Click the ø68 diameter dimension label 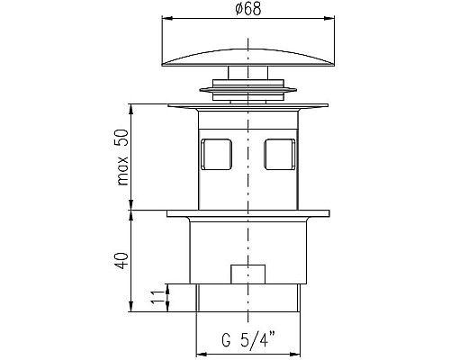pos(248,8)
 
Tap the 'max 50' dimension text pos(123,157)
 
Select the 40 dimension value pos(122,260)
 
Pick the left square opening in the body pos(216,154)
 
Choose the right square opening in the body pos(280,154)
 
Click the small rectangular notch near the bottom pos(247,274)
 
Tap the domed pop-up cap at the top pos(247,57)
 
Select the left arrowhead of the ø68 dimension pos(167,19)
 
